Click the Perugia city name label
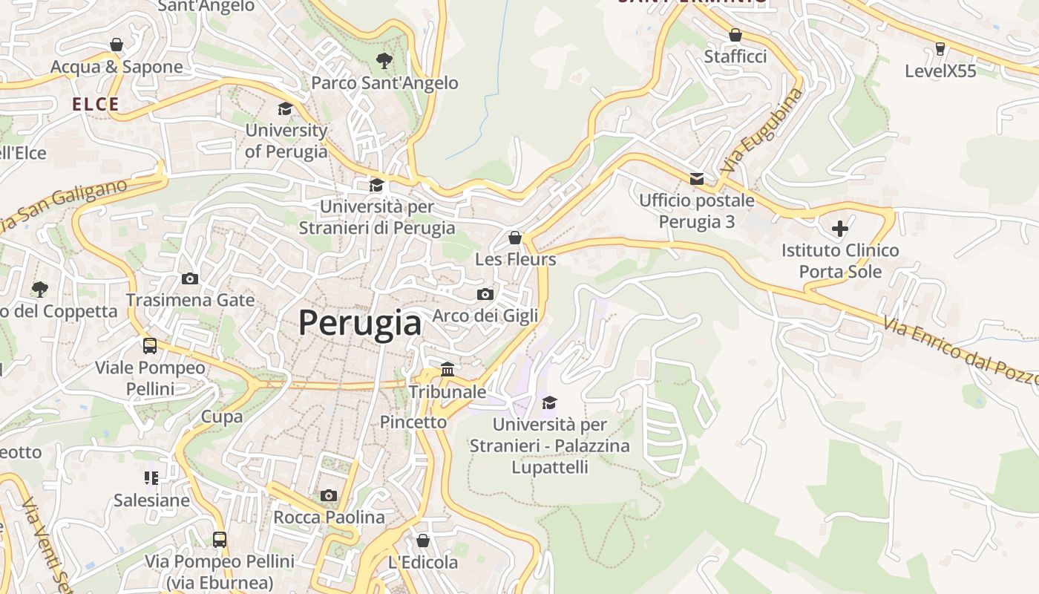tap(360, 323)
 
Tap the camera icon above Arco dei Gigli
tap(485, 294)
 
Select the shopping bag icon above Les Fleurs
tap(515, 238)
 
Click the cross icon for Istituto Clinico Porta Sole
tap(840, 229)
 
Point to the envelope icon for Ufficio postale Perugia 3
tap(697, 178)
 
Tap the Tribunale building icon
tap(448, 369)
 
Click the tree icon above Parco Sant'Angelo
tap(384, 61)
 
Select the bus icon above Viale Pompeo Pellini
tap(150, 345)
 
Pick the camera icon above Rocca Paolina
tap(329, 495)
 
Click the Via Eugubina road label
tap(762, 131)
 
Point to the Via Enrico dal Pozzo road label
tap(960, 351)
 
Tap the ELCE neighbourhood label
tap(96, 105)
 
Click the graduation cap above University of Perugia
tap(285, 109)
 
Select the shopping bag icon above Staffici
tap(735, 35)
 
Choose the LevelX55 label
tap(940, 71)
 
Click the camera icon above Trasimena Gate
tap(190, 278)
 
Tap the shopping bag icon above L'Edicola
tap(423, 541)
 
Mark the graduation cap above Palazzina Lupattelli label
tap(549, 402)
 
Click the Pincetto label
tap(413, 422)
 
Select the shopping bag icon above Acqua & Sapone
tap(117, 45)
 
